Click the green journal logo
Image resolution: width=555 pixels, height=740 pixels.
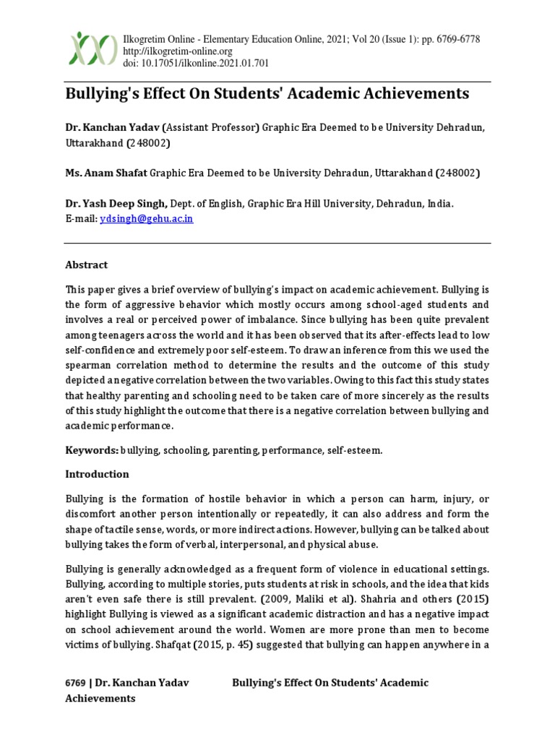[x=92, y=48]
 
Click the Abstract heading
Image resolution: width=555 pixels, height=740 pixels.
[x=86, y=265]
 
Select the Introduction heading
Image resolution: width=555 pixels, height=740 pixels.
[x=97, y=474]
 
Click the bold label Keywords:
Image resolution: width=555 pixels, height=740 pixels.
[x=92, y=450]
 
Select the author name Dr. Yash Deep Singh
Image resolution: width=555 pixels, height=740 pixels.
[x=117, y=205]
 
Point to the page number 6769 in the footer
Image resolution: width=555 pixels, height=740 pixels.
[x=75, y=683]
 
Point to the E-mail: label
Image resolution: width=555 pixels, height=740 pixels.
[x=81, y=219]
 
